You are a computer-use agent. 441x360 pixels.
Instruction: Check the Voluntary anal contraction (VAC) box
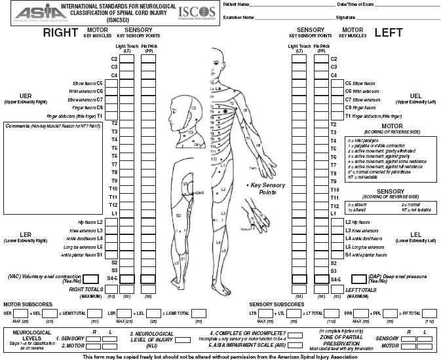(x=109, y=279)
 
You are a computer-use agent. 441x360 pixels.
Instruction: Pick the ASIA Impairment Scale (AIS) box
(x=296, y=344)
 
